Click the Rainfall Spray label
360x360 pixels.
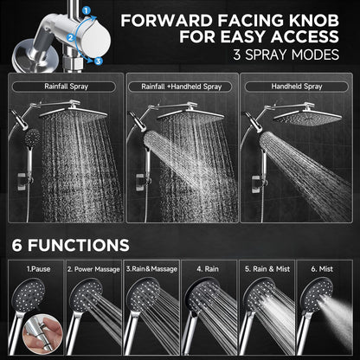click(62, 87)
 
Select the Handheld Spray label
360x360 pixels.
click(296, 87)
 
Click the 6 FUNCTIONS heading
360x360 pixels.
click(69, 246)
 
